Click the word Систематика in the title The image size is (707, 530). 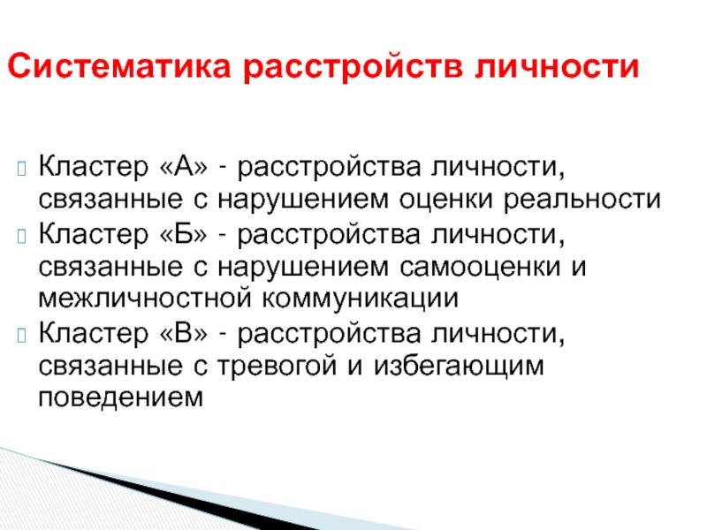point(119,66)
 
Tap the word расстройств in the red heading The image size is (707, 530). point(353,68)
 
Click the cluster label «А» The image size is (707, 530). point(184,166)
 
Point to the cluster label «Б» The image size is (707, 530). point(184,234)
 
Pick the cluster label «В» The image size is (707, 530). point(184,333)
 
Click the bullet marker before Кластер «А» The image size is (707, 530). point(21,168)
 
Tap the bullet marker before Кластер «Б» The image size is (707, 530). point(21,236)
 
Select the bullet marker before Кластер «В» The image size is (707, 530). point(21,336)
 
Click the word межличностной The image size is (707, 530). point(144,299)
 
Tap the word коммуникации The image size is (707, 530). point(361,299)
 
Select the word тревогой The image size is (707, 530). point(277,366)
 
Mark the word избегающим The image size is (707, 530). point(459,366)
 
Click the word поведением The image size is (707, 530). point(121,397)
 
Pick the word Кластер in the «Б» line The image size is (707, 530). point(94,234)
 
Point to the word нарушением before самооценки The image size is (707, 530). point(303,267)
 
